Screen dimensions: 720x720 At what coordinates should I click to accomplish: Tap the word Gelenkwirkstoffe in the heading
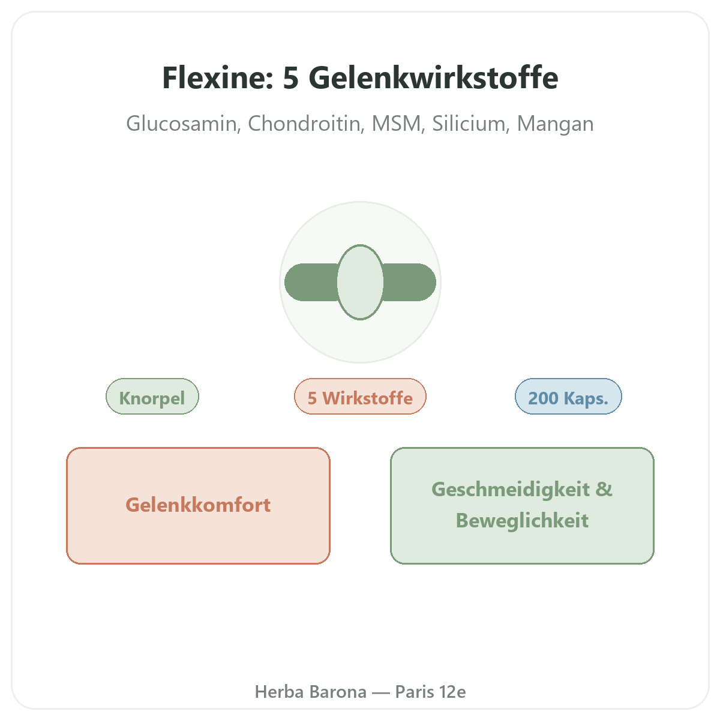pos(433,78)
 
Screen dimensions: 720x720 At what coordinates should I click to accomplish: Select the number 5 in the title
pos(290,78)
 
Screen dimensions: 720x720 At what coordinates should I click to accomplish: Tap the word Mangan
pos(555,124)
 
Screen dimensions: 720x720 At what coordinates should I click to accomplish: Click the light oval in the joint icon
pos(360,282)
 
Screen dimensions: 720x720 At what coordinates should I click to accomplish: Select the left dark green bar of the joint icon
pos(311,282)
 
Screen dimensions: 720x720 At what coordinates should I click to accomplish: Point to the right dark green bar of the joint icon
pos(409,282)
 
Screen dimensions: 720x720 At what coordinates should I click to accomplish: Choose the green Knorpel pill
pos(152,397)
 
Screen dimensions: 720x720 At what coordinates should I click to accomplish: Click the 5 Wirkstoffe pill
pos(360,397)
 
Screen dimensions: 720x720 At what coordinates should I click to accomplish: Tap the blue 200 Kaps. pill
pos(568,397)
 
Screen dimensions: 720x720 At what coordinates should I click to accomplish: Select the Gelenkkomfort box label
pos(198,505)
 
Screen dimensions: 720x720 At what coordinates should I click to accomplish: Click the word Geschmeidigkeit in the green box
pos(511,490)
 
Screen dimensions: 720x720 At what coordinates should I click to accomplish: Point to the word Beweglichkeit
pos(523,520)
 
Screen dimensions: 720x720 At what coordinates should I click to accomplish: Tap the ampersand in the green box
pos(604,489)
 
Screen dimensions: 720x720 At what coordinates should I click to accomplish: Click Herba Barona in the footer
pos(310,692)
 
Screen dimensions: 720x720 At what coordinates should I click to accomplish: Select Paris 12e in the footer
pos(430,692)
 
